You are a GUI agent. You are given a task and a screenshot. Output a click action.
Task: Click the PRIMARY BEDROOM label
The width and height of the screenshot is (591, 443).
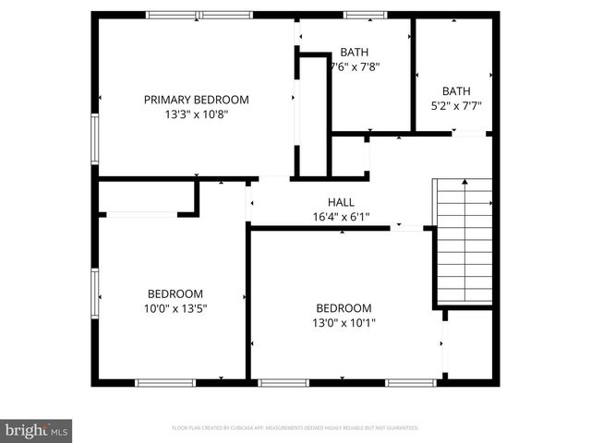click(196, 100)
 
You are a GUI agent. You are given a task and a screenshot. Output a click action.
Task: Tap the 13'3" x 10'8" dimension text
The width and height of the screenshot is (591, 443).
click(196, 114)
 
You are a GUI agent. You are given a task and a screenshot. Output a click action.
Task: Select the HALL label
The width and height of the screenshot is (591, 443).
click(341, 202)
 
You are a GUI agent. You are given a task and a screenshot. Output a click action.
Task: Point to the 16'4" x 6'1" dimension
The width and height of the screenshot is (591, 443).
click(341, 217)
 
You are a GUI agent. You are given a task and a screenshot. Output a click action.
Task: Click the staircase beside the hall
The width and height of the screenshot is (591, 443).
click(464, 240)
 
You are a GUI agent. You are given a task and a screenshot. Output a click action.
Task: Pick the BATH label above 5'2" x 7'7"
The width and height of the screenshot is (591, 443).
click(456, 90)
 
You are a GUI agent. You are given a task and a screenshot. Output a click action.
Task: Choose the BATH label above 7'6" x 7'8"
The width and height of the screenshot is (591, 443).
click(354, 52)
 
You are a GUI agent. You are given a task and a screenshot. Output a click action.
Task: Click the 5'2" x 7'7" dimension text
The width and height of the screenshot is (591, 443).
click(456, 105)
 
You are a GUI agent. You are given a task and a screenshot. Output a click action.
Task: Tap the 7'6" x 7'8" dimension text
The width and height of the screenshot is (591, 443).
click(354, 66)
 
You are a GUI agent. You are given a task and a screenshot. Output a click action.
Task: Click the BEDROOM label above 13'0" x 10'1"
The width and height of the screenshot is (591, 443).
click(344, 308)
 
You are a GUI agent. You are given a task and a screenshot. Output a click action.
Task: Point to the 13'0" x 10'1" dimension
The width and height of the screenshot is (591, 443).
click(344, 323)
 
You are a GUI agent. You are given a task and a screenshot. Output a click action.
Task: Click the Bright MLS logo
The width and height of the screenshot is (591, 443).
click(37, 430)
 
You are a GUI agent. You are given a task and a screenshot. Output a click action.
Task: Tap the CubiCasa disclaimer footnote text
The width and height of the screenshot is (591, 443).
click(295, 428)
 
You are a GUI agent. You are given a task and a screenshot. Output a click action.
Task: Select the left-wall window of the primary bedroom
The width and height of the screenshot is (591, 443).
click(94, 138)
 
